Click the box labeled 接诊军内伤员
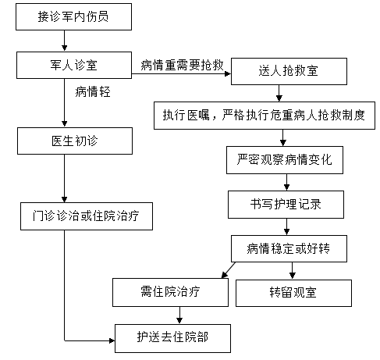(x=73, y=16)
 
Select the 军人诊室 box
(x=74, y=65)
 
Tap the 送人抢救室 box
(x=289, y=71)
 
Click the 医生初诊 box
(x=75, y=141)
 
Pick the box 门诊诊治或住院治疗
(x=87, y=216)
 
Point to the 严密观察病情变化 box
(x=285, y=160)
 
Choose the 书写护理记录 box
(x=286, y=205)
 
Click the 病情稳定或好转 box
(x=289, y=248)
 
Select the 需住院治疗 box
(x=170, y=292)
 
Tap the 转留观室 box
(x=293, y=293)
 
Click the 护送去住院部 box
(x=172, y=338)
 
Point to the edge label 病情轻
(x=93, y=92)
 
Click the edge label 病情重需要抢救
(x=182, y=65)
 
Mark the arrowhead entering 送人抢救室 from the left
(x=228, y=73)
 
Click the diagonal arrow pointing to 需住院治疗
(x=229, y=270)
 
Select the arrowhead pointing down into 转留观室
(x=292, y=276)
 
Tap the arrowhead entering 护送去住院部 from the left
(x=112, y=340)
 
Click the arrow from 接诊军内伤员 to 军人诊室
(x=65, y=41)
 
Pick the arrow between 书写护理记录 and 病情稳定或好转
(x=286, y=226)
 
